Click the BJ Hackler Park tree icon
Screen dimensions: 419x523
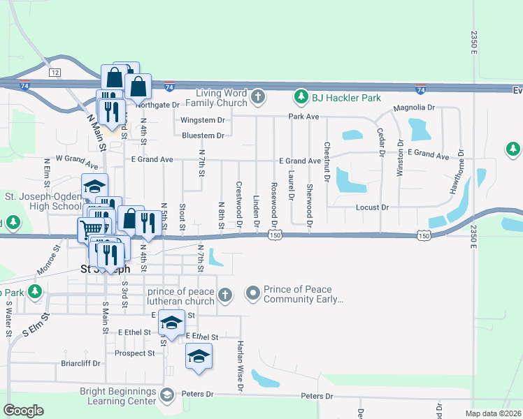[x=301, y=95]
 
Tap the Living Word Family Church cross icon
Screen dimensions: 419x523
[x=258, y=96]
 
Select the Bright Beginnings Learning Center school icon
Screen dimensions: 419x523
[x=167, y=395]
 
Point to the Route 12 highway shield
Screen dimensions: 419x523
[x=54, y=73]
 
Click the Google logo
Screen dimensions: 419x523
[x=23, y=411]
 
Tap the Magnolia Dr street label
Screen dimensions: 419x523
[x=414, y=108]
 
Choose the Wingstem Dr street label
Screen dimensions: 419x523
[x=202, y=120]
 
